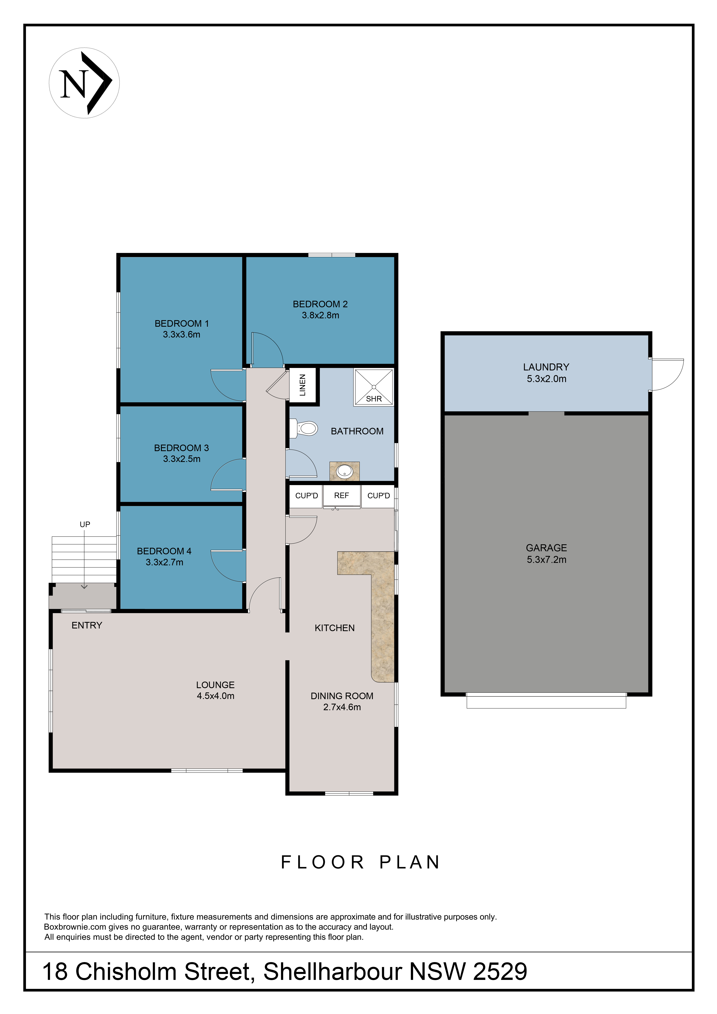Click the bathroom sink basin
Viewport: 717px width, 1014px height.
pyautogui.click(x=345, y=472)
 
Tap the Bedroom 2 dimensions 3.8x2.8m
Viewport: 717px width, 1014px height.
pyautogui.click(x=321, y=315)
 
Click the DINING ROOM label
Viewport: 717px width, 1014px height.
pyautogui.click(x=342, y=696)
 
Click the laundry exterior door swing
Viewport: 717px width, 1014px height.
pyautogui.click(x=667, y=375)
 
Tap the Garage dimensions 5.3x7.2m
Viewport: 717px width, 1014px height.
pyautogui.click(x=547, y=560)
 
